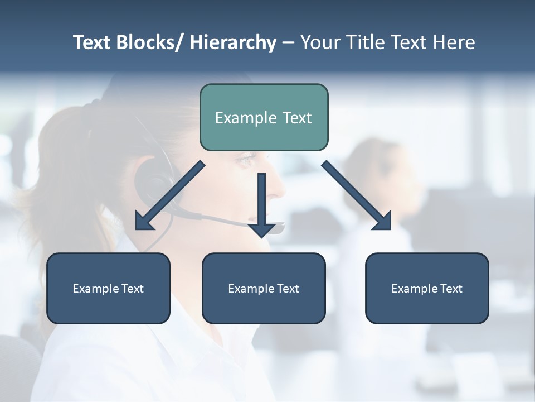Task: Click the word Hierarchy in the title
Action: click(x=233, y=42)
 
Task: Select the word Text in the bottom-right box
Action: click(x=450, y=289)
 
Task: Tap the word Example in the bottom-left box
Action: click(x=96, y=289)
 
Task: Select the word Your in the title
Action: click(x=319, y=42)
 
